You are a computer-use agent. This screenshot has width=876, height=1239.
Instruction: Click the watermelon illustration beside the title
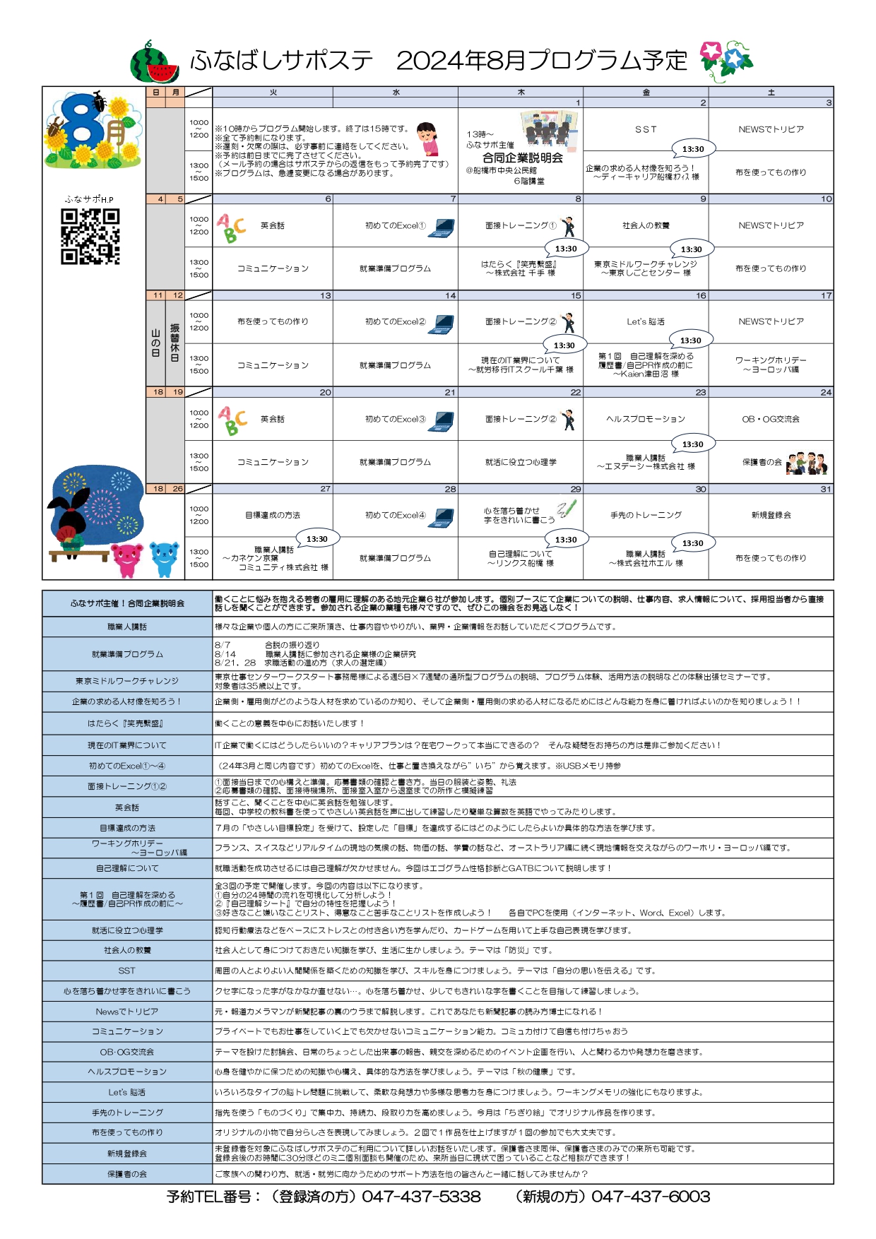[x=155, y=61]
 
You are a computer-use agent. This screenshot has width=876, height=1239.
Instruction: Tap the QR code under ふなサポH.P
[x=90, y=237]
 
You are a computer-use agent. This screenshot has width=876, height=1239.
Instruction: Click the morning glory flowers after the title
[x=726, y=61]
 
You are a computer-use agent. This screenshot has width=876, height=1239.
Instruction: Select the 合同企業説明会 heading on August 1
[x=523, y=158]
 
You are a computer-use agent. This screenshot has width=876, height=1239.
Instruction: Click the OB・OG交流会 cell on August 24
[x=771, y=419]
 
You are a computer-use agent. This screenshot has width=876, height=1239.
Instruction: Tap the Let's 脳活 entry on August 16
[x=646, y=321]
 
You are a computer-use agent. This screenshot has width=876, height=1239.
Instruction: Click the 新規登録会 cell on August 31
[x=771, y=515]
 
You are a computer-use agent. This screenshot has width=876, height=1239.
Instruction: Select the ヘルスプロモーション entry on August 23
[x=646, y=419]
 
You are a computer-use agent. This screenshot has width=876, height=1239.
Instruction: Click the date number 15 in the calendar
[x=576, y=295]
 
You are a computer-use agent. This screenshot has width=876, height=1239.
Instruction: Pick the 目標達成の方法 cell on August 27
[x=273, y=515]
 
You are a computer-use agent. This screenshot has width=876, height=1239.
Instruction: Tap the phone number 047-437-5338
[x=422, y=1197]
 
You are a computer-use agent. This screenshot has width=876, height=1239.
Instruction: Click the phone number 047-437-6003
[x=651, y=1197]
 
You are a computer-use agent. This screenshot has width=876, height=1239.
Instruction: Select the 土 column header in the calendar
[x=771, y=93]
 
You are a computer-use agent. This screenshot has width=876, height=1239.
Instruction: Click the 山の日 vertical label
[x=155, y=343]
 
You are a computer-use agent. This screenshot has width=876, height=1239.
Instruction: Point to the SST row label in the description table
[x=127, y=971]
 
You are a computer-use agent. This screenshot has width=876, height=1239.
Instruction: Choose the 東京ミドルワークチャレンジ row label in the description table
[x=127, y=681]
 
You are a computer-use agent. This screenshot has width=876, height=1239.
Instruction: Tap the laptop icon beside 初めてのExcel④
[x=443, y=517]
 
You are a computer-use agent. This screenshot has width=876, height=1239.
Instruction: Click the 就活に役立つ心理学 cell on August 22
[x=521, y=462]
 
